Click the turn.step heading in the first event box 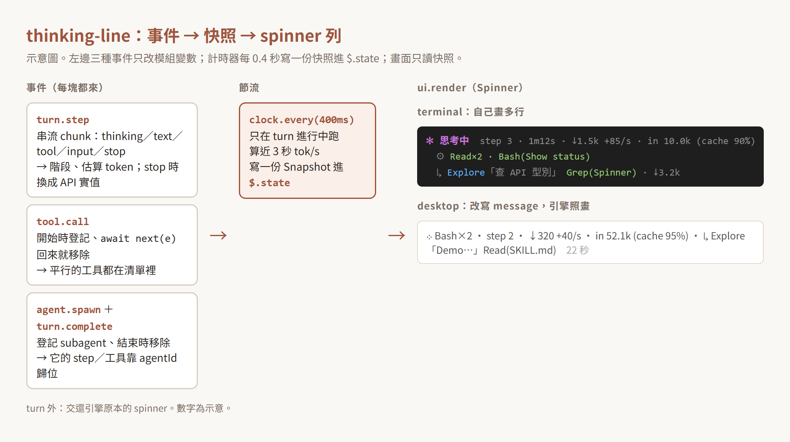pos(63,120)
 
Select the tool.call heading pos(63,222)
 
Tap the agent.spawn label pos(68,310)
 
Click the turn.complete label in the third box pos(74,327)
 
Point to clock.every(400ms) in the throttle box pos(302,120)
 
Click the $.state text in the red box pos(270,183)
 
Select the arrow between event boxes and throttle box pos(218,235)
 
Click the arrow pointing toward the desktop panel pos(397,235)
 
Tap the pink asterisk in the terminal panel pos(430,141)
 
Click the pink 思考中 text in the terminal pos(454,141)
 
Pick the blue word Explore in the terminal pos(466,173)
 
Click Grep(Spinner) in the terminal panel pos(601,173)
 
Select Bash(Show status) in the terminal pos(544,157)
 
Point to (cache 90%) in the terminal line pos(726,141)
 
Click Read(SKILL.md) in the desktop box pos(520,250)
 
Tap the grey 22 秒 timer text pos(577,250)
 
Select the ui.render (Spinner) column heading pos(470,88)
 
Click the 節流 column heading pos(249,88)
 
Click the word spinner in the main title pos(291,36)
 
